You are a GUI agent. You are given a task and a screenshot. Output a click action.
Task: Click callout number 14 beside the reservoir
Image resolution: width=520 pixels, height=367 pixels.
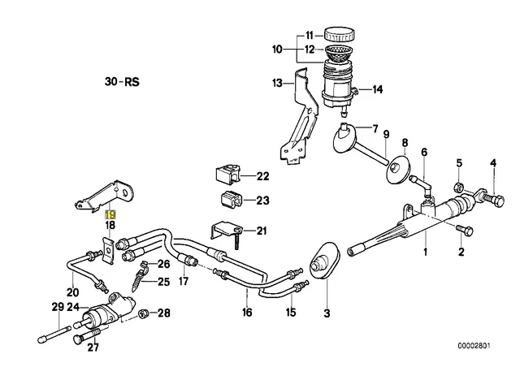(377, 89)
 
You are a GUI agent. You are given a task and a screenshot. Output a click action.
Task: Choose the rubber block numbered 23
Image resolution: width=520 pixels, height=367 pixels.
(230, 201)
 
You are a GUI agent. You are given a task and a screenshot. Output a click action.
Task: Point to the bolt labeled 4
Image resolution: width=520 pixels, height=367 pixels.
(487, 196)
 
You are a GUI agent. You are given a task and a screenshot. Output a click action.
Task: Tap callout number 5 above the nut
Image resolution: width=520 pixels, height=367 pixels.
(459, 163)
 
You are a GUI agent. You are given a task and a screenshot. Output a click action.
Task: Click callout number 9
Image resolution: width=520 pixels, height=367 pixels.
(387, 134)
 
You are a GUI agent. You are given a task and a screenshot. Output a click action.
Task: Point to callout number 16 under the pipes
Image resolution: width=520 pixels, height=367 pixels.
(248, 312)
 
